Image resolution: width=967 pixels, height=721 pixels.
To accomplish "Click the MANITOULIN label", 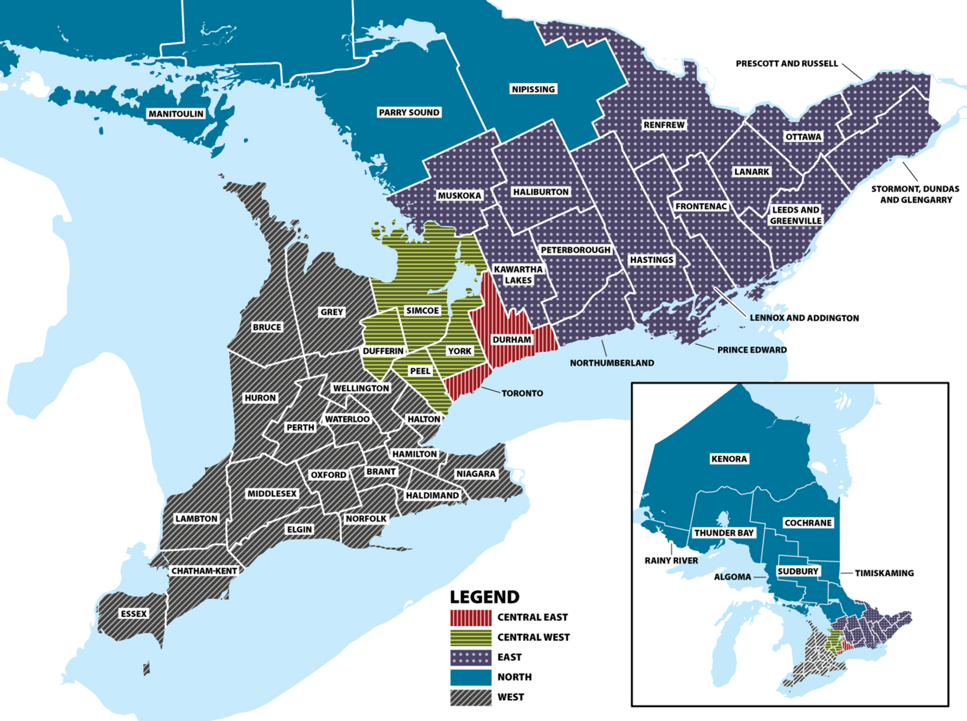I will pyautogui.click(x=176, y=114).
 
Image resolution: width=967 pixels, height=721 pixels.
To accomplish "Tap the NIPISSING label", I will pyautogui.click(x=533, y=89).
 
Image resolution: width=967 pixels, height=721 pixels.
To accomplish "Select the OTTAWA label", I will pyautogui.click(x=803, y=137).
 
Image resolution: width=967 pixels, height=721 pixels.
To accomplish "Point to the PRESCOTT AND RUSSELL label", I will pyautogui.click(x=787, y=64).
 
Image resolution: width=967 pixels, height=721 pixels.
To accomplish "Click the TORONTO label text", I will pyautogui.click(x=522, y=393).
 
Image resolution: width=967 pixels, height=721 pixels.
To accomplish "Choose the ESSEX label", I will pyautogui.click(x=134, y=614).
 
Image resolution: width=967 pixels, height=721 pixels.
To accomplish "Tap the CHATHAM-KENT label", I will pyautogui.click(x=204, y=571).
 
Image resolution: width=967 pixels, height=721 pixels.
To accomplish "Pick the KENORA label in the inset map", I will pyautogui.click(x=729, y=459).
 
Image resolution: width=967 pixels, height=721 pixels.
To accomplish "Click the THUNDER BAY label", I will pyautogui.click(x=724, y=533).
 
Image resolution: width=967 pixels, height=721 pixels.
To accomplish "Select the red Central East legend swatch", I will pyautogui.click(x=471, y=617).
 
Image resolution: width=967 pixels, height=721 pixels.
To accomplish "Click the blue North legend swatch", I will pyautogui.click(x=471, y=677).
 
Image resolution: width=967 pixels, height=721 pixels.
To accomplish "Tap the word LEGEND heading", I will pyautogui.click(x=485, y=597).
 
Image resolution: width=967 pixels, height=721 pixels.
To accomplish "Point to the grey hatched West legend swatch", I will pyautogui.click(x=471, y=697).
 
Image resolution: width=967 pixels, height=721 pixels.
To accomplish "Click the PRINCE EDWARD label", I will pyautogui.click(x=752, y=350).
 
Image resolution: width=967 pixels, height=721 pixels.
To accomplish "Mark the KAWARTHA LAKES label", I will pyautogui.click(x=518, y=274).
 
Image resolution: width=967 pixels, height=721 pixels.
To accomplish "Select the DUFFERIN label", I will pyautogui.click(x=383, y=351).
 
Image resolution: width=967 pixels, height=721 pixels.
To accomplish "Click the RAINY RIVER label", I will pyautogui.click(x=671, y=560).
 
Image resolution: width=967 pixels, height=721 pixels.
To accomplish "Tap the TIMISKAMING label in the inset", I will pyautogui.click(x=884, y=573).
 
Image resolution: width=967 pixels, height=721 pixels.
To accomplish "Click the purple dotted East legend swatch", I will pyautogui.click(x=471, y=657).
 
